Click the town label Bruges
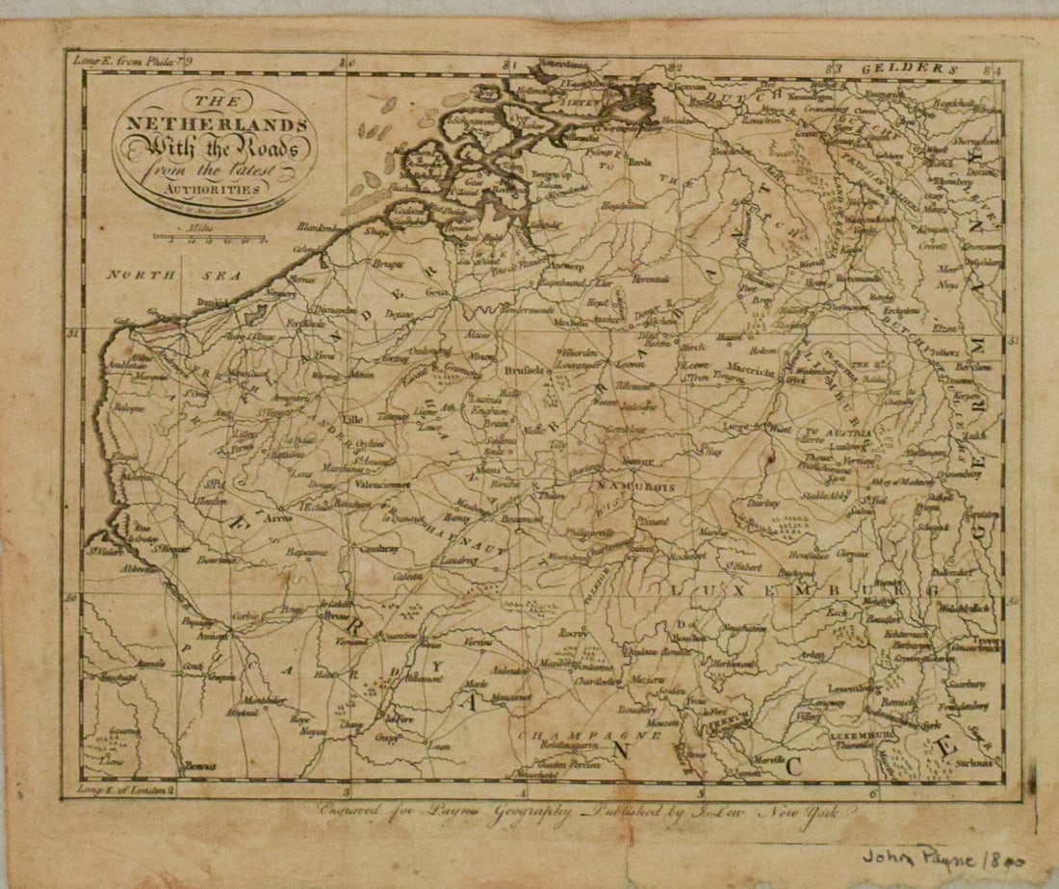click(389, 261)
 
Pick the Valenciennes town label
click(383, 485)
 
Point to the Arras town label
click(275, 518)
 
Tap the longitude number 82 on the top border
click(676, 66)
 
